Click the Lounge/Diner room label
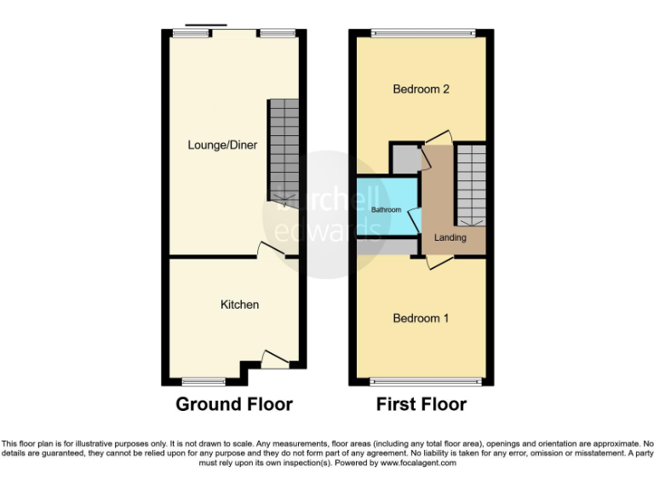point(222,145)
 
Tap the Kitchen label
point(239,305)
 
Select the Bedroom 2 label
point(421,88)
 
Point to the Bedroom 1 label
point(421,318)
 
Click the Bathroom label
point(386,209)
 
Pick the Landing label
point(450,237)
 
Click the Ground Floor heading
point(234,404)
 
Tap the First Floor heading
point(422,404)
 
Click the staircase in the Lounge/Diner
point(284,151)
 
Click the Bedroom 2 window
point(421,34)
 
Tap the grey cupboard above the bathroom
point(405,158)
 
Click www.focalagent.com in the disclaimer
point(418,464)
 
